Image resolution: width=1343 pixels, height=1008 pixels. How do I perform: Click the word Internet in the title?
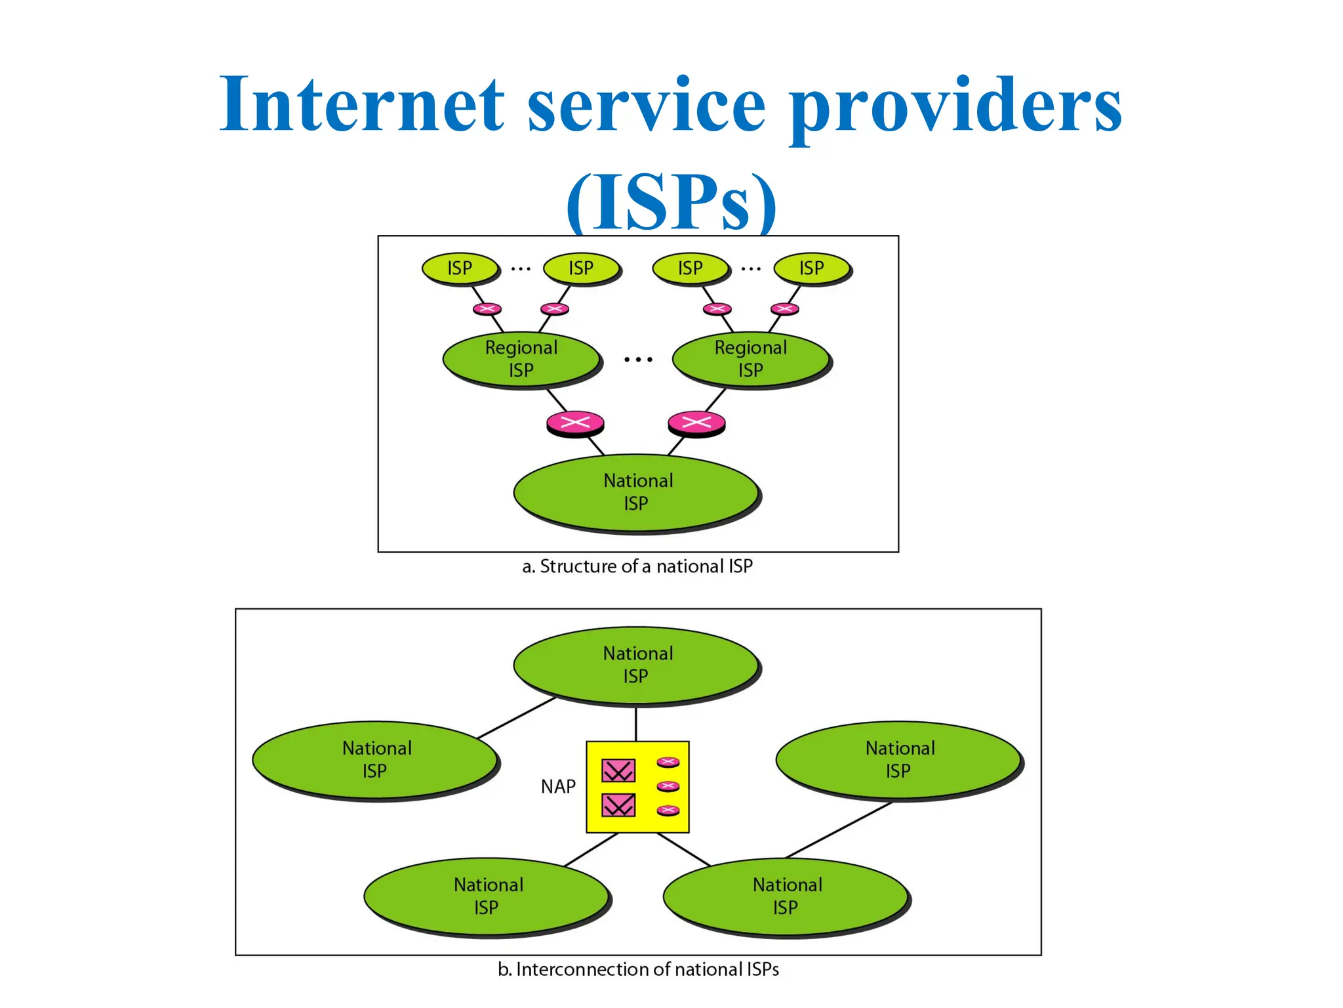(x=361, y=105)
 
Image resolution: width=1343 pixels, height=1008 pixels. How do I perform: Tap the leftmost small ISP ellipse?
(x=460, y=268)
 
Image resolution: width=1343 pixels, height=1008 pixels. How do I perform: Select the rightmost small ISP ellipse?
(x=811, y=268)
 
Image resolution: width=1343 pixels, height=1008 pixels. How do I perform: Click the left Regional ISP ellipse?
(x=521, y=359)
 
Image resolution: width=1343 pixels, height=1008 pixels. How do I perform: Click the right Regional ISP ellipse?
(x=751, y=359)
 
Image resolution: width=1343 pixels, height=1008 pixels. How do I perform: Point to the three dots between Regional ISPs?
(x=638, y=360)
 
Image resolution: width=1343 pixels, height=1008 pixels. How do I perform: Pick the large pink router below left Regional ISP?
(x=575, y=422)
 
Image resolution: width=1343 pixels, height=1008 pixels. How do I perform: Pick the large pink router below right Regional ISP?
(x=696, y=422)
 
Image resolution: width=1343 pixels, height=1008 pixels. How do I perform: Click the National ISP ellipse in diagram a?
(x=636, y=492)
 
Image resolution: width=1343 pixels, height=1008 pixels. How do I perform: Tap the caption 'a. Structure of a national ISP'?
(x=637, y=566)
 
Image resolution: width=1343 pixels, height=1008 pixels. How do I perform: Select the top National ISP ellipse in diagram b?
(x=636, y=665)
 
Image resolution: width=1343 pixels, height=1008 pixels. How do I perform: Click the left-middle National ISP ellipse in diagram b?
(x=375, y=759)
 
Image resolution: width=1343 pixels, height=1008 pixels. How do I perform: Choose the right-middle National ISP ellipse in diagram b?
(x=898, y=759)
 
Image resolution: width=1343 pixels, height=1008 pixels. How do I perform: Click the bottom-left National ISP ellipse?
(x=487, y=896)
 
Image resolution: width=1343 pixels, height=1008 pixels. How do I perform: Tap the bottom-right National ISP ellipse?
(x=786, y=896)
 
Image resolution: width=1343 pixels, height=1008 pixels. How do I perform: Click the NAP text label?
(x=558, y=786)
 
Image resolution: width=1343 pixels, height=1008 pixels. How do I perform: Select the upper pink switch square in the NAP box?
(x=618, y=770)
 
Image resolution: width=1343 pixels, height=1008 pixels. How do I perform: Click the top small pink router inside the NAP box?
(x=668, y=762)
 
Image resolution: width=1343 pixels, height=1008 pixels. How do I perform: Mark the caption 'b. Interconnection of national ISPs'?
(x=638, y=969)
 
